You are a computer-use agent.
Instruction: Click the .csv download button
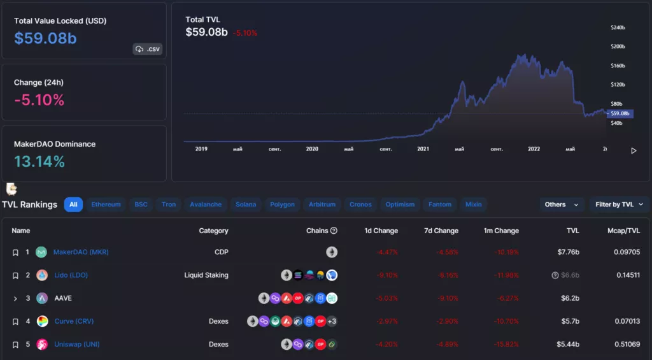pyautogui.click(x=147, y=49)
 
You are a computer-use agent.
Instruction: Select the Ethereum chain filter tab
pyautogui.click(x=106, y=205)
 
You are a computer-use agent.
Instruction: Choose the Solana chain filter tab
pyautogui.click(x=246, y=205)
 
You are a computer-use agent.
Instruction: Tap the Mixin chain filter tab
pyautogui.click(x=473, y=205)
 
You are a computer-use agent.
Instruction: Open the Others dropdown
pyautogui.click(x=561, y=205)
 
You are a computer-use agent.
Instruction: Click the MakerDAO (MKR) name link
pyautogui.click(x=81, y=252)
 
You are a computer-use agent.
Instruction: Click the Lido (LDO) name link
pyautogui.click(x=71, y=275)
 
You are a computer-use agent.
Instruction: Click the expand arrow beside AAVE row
pyautogui.click(x=15, y=298)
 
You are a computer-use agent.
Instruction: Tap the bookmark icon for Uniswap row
pyautogui.click(x=15, y=345)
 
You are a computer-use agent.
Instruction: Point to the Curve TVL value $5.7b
pyautogui.click(x=568, y=321)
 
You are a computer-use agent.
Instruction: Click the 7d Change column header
pyautogui.click(x=441, y=231)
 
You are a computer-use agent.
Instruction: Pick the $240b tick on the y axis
pyautogui.click(x=618, y=28)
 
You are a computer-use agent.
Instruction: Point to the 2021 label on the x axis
pyautogui.click(x=423, y=149)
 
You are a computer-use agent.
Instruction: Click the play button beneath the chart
pyautogui.click(x=634, y=151)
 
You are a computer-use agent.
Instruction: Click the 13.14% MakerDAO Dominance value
pyautogui.click(x=39, y=162)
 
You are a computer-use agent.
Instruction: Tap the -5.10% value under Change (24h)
pyautogui.click(x=39, y=100)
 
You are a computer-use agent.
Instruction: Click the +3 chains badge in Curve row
pyautogui.click(x=332, y=321)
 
